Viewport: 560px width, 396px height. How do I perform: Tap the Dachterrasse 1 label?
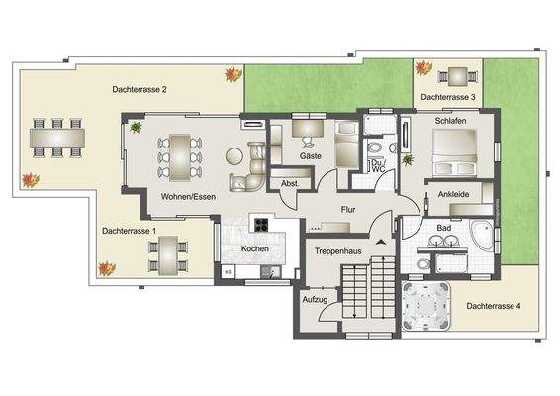pyautogui.click(x=130, y=230)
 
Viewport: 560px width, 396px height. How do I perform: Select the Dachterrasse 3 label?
pyautogui.click(x=448, y=97)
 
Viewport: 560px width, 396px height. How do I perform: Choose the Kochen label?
pyautogui.click(x=255, y=248)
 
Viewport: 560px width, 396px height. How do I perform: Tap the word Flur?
pyautogui.click(x=347, y=210)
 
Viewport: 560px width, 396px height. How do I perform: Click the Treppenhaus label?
pyautogui.click(x=336, y=252)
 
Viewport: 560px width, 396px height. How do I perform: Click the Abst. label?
pyautogui.click(x=290, y=183)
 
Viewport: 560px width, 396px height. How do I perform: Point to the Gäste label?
pyautogui.click(x=310, y=157)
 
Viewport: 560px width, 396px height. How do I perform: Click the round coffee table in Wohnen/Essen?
pyautogui.click(x=234, y=156)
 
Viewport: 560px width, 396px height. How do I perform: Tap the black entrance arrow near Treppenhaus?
pyautogui.click(x=379, y=241)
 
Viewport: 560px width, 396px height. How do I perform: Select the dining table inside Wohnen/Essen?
pyautogui.click(x=179, y=155)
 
